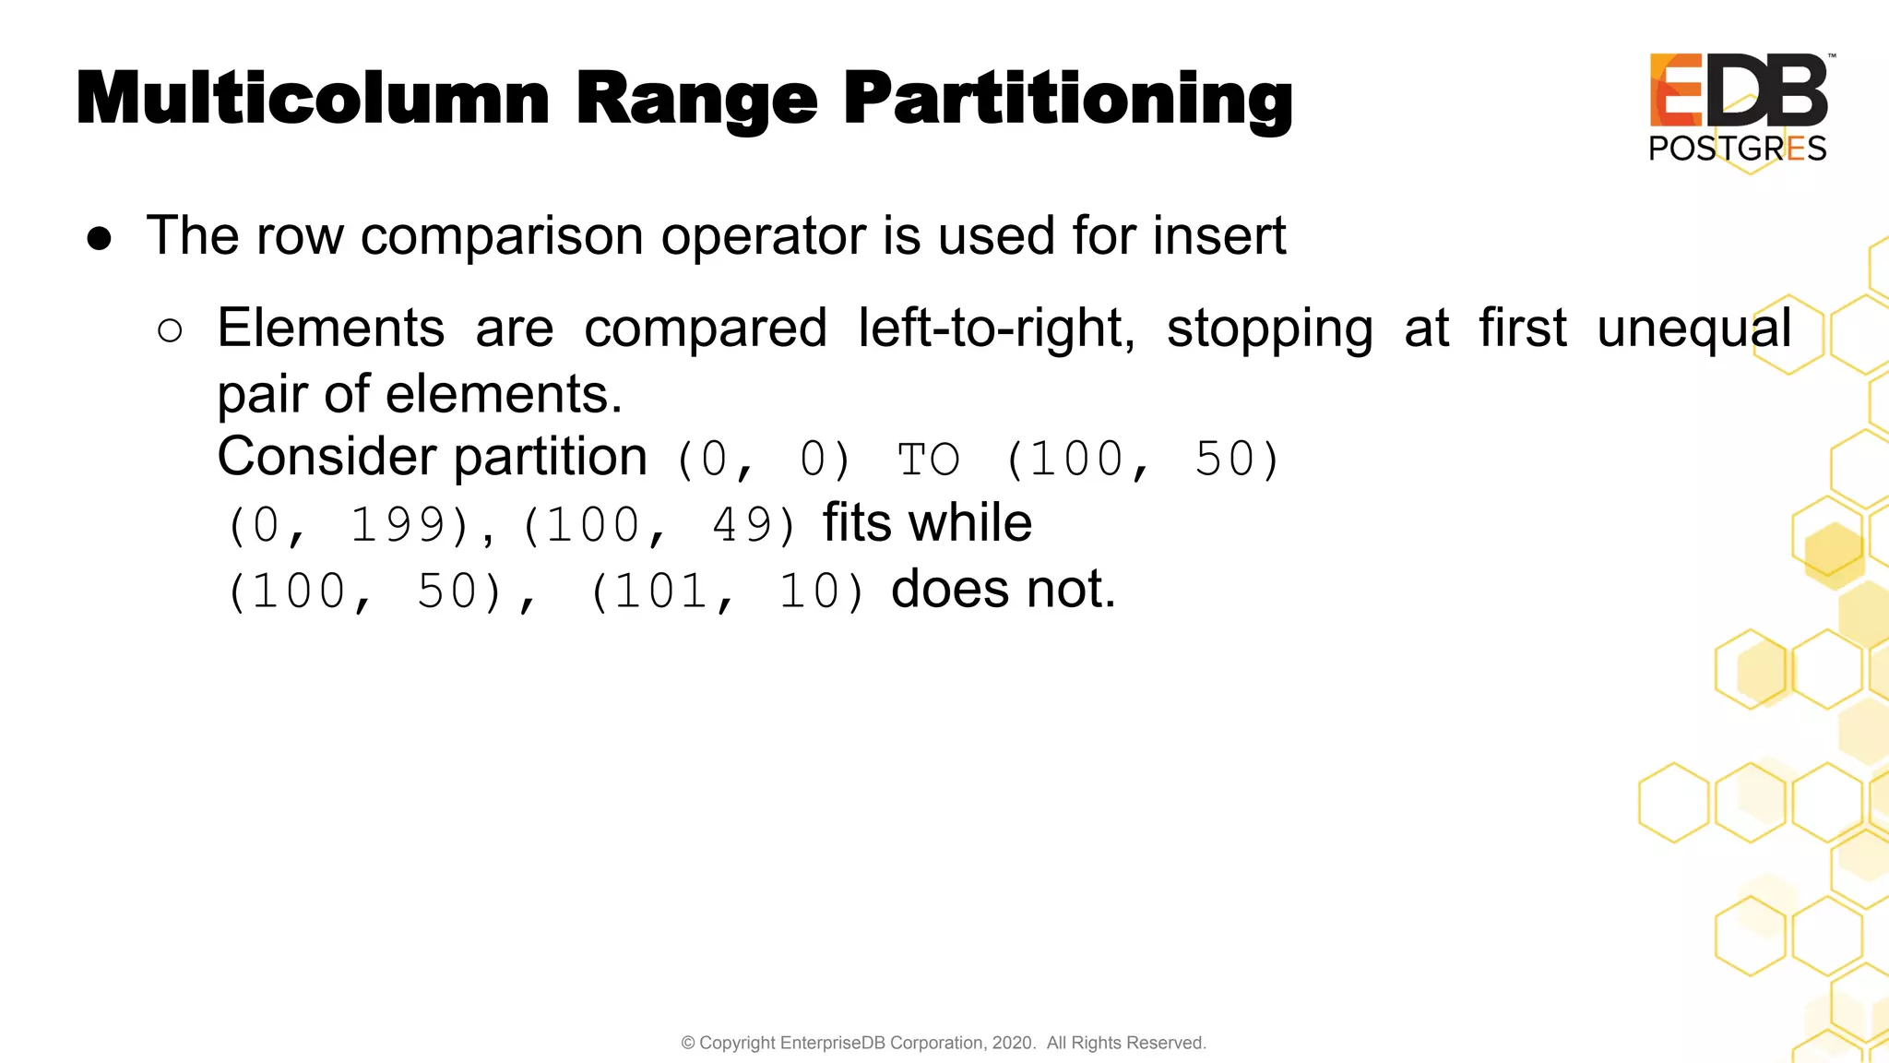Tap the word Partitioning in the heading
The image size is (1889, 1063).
(1067, 100)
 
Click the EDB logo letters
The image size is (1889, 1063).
(1738, 90)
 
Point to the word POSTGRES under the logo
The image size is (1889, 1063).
(1737, 149)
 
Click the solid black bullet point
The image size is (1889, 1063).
(100, 239)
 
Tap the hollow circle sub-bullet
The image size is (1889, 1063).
(170, 330)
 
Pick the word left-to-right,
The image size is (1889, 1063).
(996, 328)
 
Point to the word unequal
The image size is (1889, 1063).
(1694, 328)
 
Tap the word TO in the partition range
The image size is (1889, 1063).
(929, 460)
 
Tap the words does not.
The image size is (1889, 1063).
(1003, 589)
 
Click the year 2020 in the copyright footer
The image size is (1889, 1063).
(1012, 1043)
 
